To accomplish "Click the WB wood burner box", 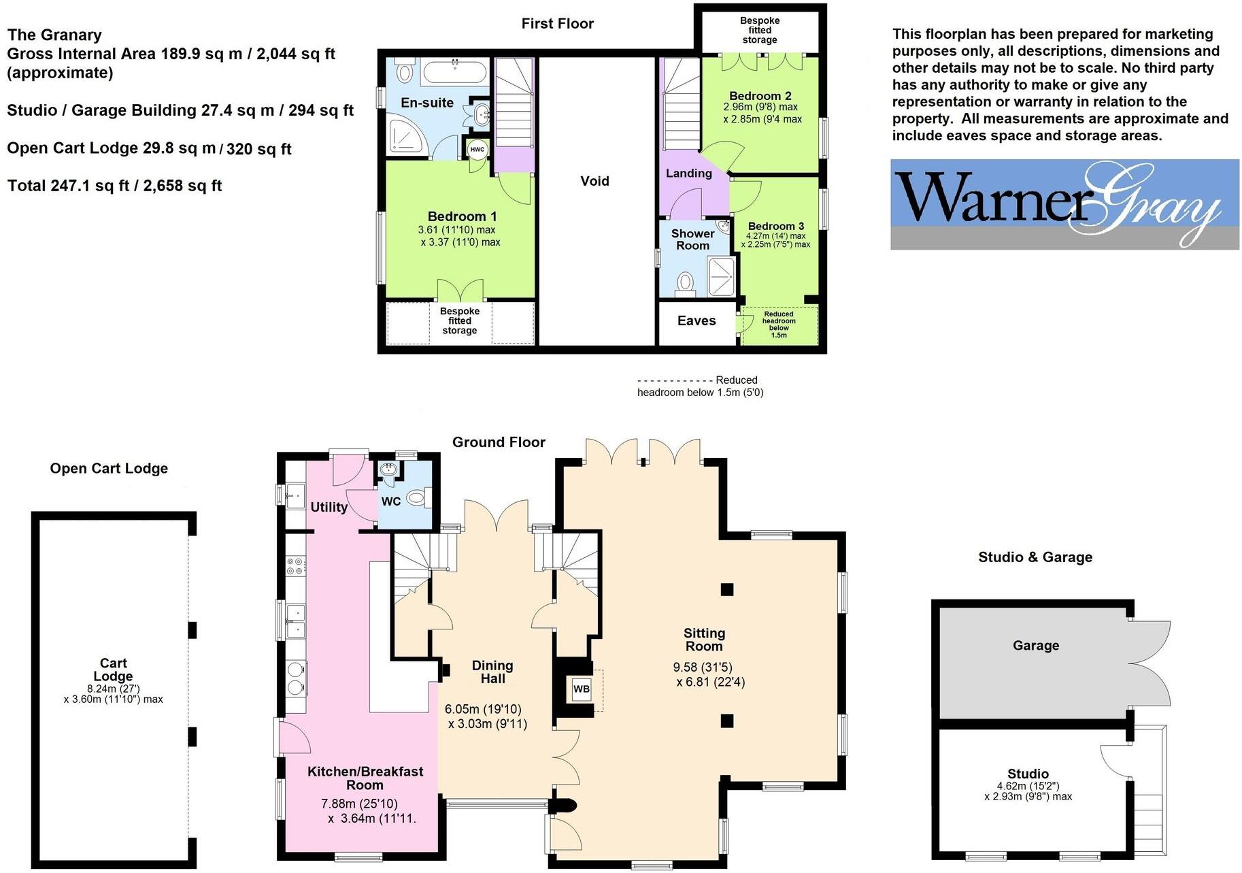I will (581, 689).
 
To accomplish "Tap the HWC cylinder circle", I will (477, 149).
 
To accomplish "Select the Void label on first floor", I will (594, 181).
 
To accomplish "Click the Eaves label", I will (696, 321).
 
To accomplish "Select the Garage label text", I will (1035, 646).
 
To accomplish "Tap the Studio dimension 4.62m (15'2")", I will (1028, 786).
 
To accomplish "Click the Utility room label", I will (329, 508).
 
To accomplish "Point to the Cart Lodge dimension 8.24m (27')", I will (113, 689).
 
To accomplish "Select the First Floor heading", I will (557, 24).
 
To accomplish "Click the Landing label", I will (688, 174).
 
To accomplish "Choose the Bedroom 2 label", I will (760, 96).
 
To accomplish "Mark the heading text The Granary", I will (54, 35).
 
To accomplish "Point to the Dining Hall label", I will (492, 672).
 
